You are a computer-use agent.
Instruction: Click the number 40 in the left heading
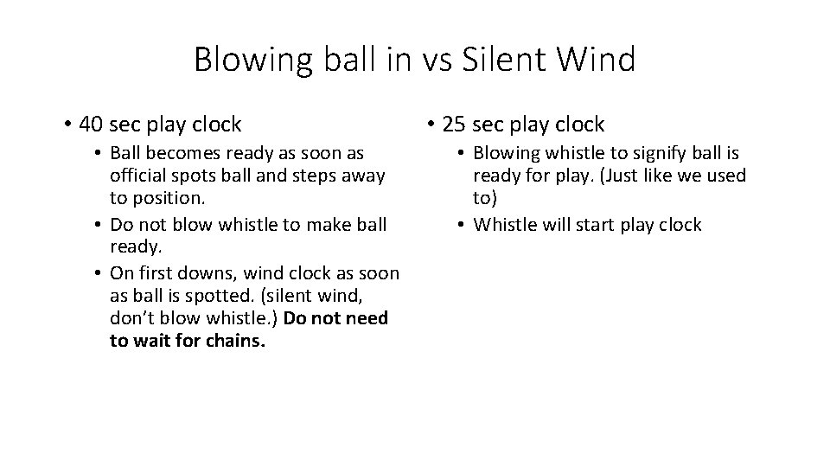tap(91, 125)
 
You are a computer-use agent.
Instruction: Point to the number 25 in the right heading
tap(454, 125)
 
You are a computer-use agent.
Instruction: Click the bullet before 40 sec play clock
tap(67, 125)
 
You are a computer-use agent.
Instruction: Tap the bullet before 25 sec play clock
tap(431, 125)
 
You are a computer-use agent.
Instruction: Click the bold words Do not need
tap(335, 318)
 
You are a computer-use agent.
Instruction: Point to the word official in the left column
tap(139, 175)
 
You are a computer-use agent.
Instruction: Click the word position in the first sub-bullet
tap(162, 197)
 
